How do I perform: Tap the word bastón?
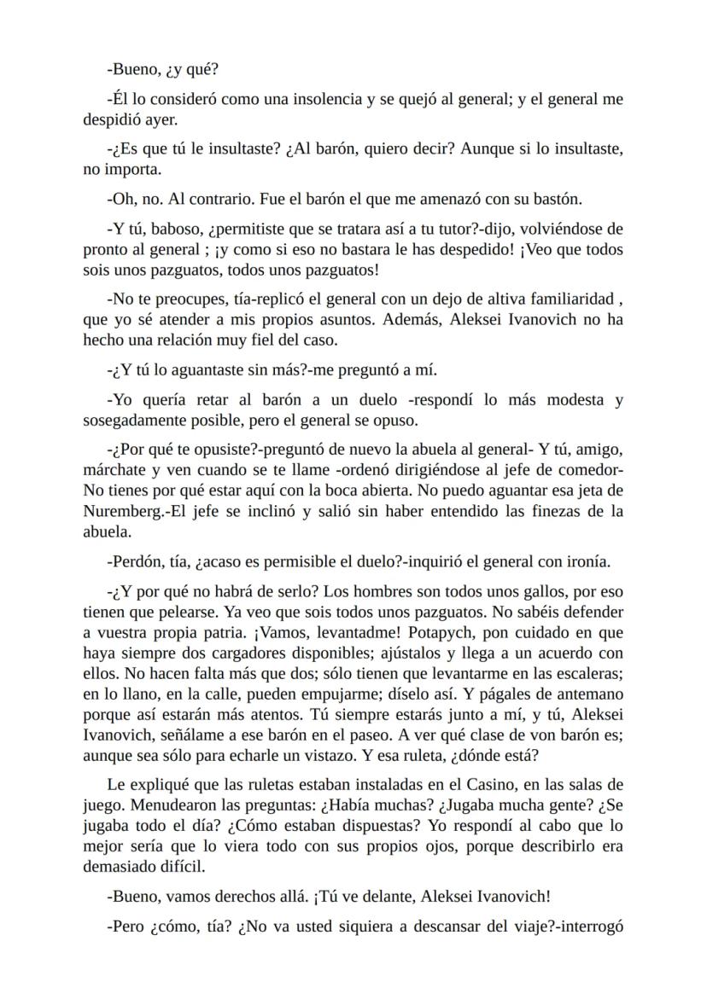[x=556, y=199]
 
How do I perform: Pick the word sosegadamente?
[x=131, y=420]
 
